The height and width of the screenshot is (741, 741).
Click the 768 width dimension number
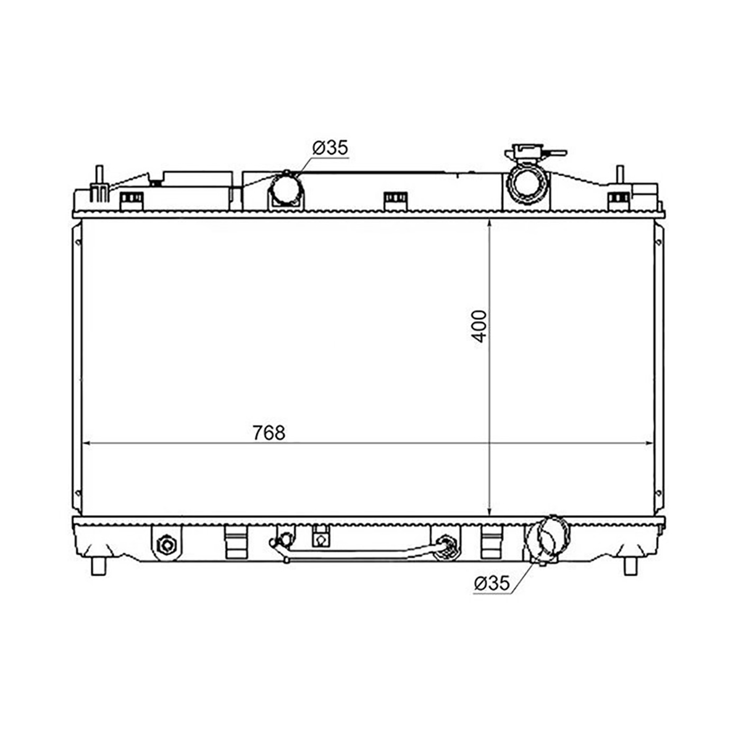(269, 433)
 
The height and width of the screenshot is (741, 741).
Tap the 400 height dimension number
(479, 327)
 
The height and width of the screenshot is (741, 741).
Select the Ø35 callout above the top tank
(330, 148)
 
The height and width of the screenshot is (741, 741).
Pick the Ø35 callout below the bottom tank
(492, 584)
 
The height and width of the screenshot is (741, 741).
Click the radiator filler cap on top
(535, 153)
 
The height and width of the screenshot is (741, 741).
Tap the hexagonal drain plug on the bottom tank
(167, 545)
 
